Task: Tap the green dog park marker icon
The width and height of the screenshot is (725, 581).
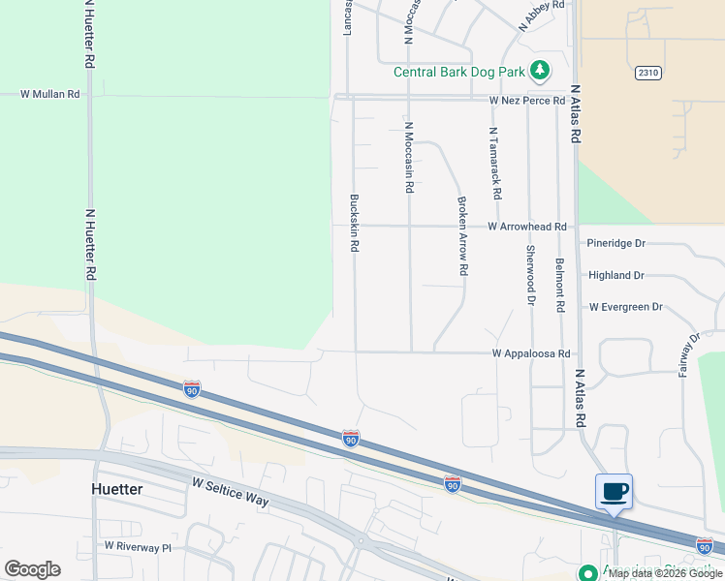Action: tap(541, 71)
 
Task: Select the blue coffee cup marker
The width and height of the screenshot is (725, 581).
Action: tap(614, 491)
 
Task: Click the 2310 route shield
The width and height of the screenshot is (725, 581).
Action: tap(648, 73)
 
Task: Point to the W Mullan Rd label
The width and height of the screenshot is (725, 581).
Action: tap(51, 94)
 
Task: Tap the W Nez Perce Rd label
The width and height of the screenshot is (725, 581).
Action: tap(527, 101)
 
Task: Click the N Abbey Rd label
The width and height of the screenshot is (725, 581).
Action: tap(541, 16)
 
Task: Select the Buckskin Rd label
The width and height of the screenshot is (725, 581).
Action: tap(355, 224)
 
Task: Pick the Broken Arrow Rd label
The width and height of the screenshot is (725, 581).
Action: tap(463, 236)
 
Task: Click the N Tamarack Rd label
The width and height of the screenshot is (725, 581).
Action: tap(494, 163)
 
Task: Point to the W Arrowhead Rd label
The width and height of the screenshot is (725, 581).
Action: tap(527, 227)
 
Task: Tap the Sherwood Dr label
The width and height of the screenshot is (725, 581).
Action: tap(530, 275)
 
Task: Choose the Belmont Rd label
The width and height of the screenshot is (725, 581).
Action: tap(559, 285)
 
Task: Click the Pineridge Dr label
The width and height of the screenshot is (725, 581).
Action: tap(615, 243)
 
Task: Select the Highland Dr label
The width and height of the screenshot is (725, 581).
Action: tap(615, 275)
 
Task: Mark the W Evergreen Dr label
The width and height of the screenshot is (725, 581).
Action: tap(625, 307)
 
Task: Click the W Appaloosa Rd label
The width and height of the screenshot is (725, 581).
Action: tap(530, 354)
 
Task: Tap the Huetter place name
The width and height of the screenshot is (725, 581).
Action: tap(117, 489)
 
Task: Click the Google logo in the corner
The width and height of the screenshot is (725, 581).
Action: tap(32, 569)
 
